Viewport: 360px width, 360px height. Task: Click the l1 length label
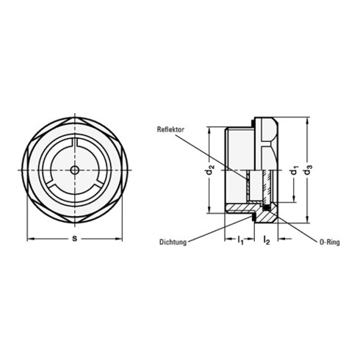point(240,240)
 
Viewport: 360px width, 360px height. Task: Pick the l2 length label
point(265,240)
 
